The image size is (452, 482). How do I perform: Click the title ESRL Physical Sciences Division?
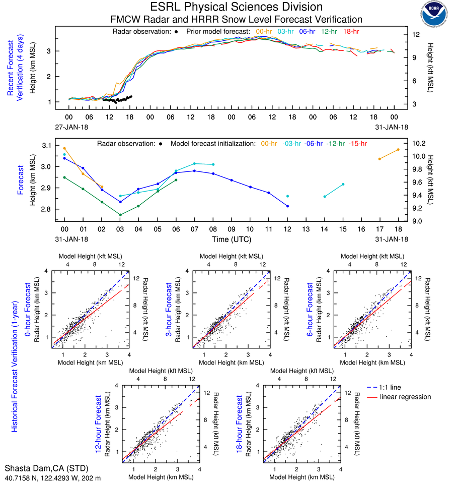(237, 7)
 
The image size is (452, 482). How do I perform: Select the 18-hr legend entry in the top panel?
(350, 31)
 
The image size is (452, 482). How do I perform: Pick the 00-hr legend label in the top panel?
(265, 31)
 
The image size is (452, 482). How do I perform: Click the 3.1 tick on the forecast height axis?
(46, 145)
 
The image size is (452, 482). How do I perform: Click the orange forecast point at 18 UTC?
(398, 149)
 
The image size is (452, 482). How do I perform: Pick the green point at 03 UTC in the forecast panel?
(120, 215)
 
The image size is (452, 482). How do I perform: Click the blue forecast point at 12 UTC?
(287, 206)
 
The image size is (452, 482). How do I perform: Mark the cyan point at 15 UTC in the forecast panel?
(343, 184)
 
